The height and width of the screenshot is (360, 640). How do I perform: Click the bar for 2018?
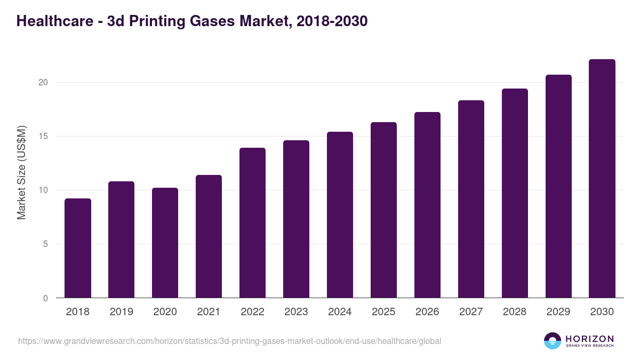[x=78, y=248]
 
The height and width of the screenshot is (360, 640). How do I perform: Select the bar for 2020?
[x=165, y=243]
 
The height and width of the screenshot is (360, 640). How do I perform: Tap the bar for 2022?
[x=253, y=223]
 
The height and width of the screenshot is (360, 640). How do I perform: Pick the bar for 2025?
[x=384, y=210]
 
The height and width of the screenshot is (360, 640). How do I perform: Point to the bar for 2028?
[x=515, y=193]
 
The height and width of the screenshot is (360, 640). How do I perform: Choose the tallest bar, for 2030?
[x=602, y=179]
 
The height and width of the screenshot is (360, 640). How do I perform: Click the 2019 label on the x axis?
[x=122, y=312]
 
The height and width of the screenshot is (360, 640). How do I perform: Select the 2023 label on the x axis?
[x=296, y=312]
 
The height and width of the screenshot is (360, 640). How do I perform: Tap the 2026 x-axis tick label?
[x=427, y=312]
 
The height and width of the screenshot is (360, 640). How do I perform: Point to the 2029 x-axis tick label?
[x=558, y=312]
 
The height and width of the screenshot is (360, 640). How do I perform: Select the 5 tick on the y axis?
[x=45, y=244]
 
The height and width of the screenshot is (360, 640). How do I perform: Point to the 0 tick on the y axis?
[x=45, y=298]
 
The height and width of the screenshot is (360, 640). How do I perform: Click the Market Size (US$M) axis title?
[x=21, y=172]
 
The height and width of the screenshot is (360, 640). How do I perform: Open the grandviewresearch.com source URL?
[x=229, y=341]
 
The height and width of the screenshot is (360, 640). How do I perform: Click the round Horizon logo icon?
[x=553, y=341]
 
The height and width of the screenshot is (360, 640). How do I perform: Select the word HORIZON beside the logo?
[x=589, y=339]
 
